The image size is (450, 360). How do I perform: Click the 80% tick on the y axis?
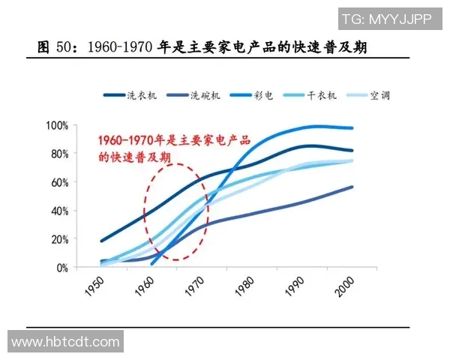pyautogui.click(x=59, y=154)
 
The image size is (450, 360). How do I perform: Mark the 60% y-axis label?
pyautogui.click(x=59, y=182)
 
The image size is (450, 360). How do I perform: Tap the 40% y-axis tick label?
pyautogui.click(x=59, y=211)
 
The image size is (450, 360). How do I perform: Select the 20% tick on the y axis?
pyautogui.click(x=59, y=239)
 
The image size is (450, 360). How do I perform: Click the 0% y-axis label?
pyautogui.click(x=62, y=268)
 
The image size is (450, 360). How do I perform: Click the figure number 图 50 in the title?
pyautogui.click(x=57, y=48)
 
